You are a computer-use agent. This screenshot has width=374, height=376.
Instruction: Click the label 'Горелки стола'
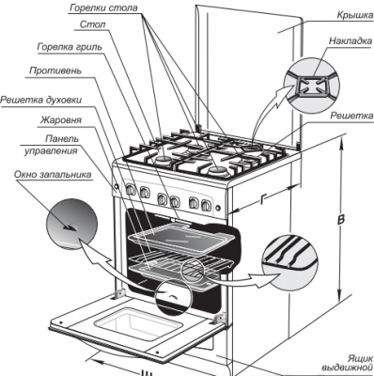103,8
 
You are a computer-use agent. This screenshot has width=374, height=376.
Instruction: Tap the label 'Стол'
93,24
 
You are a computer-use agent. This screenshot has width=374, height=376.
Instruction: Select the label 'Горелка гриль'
70,47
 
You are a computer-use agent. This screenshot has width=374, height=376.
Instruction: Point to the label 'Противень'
55,70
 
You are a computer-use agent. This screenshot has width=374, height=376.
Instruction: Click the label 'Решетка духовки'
41,100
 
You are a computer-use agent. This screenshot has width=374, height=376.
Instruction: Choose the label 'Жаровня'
61,120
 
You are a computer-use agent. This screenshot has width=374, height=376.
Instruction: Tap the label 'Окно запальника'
53,174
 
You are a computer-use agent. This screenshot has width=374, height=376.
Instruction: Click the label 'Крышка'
355,15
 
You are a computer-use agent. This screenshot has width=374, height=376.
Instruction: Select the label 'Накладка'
351,41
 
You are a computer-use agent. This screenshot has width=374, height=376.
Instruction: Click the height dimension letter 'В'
341,219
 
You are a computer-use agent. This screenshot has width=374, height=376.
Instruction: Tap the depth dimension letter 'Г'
263,198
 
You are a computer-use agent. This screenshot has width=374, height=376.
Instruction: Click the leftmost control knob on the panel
130,189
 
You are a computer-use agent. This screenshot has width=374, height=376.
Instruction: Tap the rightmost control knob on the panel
206,205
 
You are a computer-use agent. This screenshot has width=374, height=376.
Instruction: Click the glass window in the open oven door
138,322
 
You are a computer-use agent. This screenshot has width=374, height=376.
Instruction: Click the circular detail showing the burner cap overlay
311,86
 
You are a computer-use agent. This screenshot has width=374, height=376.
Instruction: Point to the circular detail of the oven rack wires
288,261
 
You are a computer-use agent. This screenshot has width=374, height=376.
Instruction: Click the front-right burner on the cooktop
216,171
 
